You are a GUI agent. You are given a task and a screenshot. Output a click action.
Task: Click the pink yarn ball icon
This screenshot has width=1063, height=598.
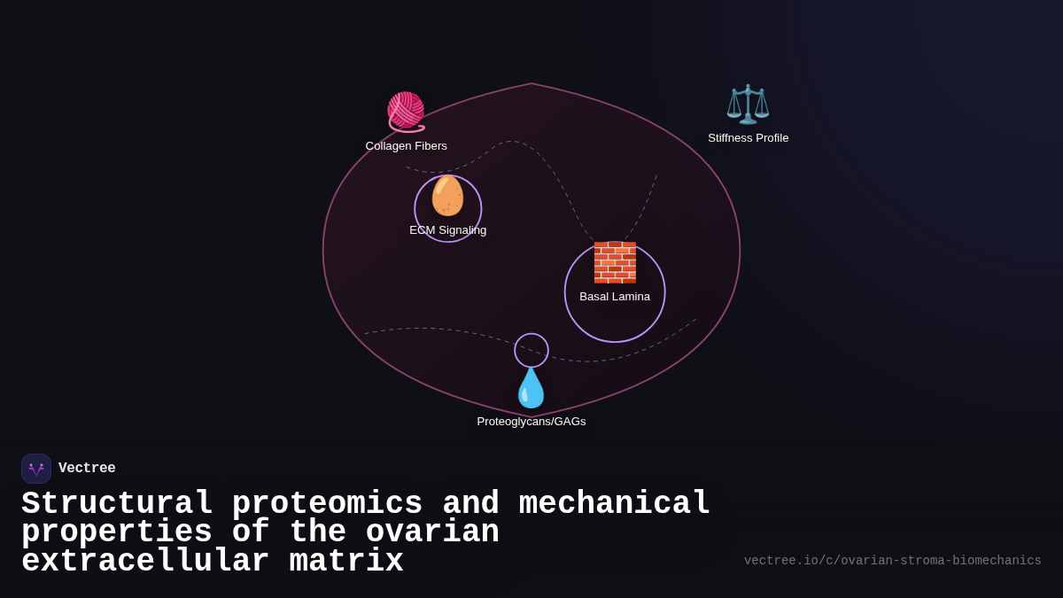point(406,112)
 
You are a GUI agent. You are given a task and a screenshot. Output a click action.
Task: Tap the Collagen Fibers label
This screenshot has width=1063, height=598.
point(406,146)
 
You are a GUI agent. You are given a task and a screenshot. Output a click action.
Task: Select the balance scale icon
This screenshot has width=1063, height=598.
point(748,105)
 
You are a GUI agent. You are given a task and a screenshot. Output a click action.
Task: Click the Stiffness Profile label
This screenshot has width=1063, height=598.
point(748,138)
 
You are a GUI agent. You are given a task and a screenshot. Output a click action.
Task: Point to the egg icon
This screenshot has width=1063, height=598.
point(447,196)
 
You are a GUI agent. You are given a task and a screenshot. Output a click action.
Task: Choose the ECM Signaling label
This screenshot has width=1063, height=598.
point(447,230)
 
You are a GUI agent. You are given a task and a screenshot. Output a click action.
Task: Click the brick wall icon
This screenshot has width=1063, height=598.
point(615,262)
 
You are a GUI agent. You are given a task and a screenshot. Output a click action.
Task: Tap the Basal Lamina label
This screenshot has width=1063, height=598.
point(615,297)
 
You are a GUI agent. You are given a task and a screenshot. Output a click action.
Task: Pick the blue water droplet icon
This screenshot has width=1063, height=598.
point(531,388)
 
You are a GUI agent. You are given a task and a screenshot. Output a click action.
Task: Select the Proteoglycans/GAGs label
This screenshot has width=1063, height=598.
point(531,422)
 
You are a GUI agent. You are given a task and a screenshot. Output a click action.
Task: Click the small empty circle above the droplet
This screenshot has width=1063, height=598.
point(531,350)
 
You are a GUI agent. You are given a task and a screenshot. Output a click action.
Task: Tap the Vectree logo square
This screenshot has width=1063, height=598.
point(36,469)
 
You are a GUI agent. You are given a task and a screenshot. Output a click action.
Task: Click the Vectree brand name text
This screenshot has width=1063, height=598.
point(87,469)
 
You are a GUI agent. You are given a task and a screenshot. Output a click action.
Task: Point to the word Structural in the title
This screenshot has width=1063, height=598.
point(117,504)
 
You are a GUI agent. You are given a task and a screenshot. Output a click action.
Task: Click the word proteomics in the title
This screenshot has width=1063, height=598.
point(327,504)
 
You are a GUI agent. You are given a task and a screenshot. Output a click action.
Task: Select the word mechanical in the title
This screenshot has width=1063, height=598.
point(615,504)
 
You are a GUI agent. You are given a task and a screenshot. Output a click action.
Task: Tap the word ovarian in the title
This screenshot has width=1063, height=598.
point(432,532)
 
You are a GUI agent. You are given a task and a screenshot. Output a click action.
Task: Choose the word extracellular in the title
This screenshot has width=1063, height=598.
point(145,562)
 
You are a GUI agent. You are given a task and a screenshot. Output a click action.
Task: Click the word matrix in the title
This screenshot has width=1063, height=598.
point(346,562)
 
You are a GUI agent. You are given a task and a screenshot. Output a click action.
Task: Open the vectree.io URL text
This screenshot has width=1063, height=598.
point(892,561)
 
